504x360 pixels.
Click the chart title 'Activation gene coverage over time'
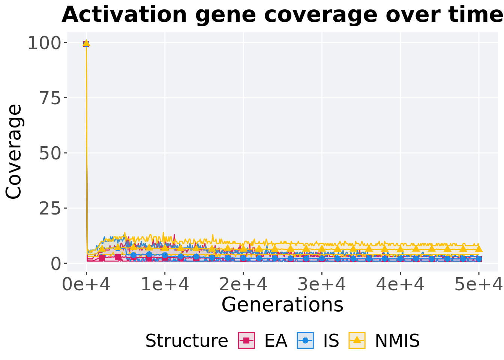coord(282,15)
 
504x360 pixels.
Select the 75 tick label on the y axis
coord(51,98)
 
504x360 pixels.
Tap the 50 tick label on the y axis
coord(51,153)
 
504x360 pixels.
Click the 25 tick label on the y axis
coord(51,208)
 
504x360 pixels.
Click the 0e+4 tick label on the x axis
coord(86,285)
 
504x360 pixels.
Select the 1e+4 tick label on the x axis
coord(165,285)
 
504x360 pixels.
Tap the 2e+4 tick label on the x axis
coord(243,285)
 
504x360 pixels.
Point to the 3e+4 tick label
coord(322,285)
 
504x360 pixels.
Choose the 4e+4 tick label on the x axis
coord(400,285)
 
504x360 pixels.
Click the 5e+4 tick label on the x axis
coord(478,285)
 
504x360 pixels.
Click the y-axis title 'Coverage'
coord(14,152)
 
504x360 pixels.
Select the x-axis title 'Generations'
coord(282,304)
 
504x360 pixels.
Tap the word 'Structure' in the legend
coord(186,341)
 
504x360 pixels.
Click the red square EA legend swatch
coord(246,340)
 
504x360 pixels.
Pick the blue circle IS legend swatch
coord(305,340)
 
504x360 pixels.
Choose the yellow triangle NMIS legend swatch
coord(357,340)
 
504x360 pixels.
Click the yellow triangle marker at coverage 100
coord(86,43)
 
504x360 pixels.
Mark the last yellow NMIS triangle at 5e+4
coord(478,249)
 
